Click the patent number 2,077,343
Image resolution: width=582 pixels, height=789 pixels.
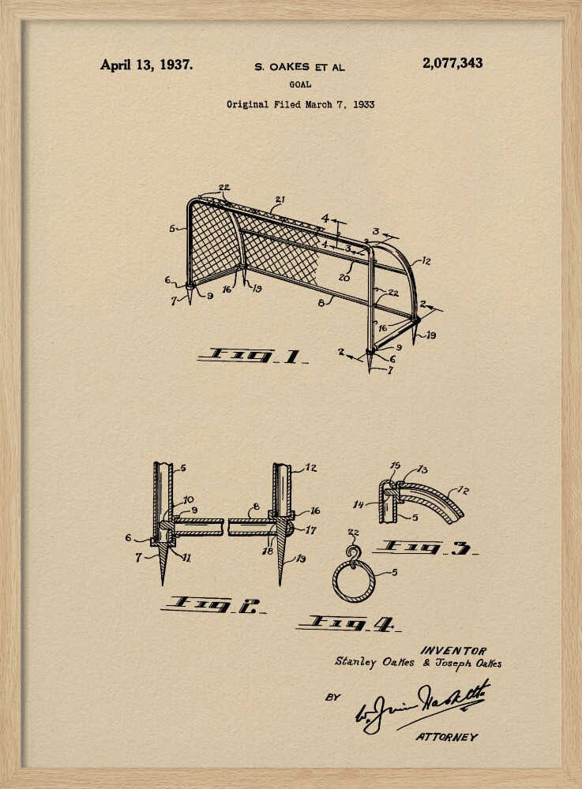pos(452,64)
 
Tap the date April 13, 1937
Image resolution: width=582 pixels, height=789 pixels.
pos(145,65)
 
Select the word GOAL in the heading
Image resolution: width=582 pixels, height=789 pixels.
pos(300,84)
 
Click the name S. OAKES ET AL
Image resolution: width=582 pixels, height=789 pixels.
pos(299,68)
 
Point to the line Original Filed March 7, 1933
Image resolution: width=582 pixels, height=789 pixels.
pos(300,104)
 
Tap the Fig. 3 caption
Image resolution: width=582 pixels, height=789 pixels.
pos(426,547)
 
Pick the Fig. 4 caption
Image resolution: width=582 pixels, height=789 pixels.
pos(347,624)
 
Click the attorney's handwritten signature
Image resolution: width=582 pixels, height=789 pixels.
pos(422,705)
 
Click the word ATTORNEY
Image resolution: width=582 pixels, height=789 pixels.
pos(446,737)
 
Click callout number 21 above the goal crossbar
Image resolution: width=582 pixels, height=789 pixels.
pos(280,199)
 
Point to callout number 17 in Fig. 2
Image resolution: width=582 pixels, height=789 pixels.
pos(310,530)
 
